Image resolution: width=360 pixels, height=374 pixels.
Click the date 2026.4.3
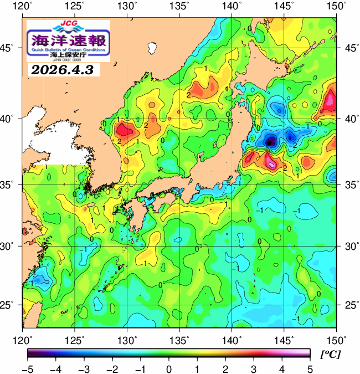coord(62,70)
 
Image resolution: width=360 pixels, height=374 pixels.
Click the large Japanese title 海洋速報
coord(68,40)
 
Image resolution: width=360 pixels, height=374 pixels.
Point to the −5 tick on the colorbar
coord(27,369)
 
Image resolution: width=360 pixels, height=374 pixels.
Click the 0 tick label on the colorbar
coord(168,369)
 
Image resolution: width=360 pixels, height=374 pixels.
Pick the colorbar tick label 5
coord(310,369)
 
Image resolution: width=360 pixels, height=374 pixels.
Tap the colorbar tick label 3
coord(254,369)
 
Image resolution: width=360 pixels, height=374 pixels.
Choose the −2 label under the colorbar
coord(111,369)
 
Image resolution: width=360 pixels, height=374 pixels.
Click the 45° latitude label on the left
coord(8,48)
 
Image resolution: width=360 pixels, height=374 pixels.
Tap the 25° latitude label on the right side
coord(351,305)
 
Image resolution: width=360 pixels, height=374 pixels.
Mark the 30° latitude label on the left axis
coord(8,245)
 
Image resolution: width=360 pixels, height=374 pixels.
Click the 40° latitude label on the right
coord(351,119)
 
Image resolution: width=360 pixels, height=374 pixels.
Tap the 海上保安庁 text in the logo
coord(68,55)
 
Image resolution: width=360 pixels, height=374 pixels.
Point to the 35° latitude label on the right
coord(351,184)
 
